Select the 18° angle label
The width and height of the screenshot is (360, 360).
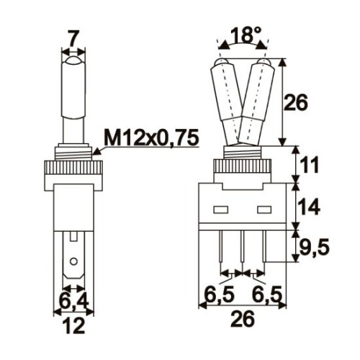pos(243,35)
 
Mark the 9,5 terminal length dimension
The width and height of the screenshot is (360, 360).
pos(315,249)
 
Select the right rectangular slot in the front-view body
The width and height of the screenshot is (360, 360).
pos(264,212)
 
